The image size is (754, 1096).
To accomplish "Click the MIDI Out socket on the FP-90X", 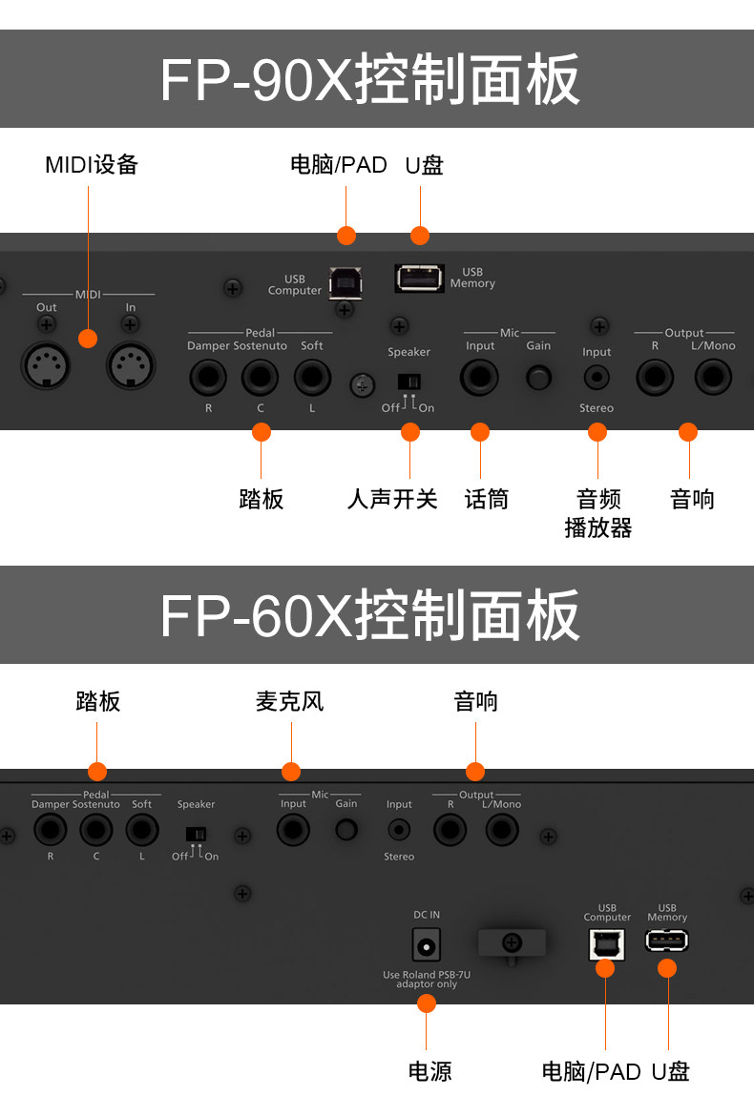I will tap(46, 363).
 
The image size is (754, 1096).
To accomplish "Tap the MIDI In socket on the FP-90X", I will tap(130, 363).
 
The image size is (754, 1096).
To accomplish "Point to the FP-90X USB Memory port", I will tap(419, 278).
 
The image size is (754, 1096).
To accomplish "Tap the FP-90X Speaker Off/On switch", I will tap(408, 382).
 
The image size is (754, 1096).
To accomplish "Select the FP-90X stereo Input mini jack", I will tap(597, 378).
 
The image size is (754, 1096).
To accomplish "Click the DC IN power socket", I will tap(426, 946).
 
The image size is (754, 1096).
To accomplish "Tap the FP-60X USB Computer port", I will tap(606, 942).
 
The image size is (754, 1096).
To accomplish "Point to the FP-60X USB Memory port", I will tap(666, 941).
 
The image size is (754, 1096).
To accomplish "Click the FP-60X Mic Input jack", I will tap(292, 831).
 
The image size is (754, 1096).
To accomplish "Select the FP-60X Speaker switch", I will tap(196, 834).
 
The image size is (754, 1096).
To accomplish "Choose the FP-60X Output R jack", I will tap(450, 831).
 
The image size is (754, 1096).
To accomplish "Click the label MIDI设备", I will tap(92, 164).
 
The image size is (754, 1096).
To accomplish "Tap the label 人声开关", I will tap(392, 498).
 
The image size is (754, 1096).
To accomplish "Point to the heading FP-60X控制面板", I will tap(370, 615).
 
